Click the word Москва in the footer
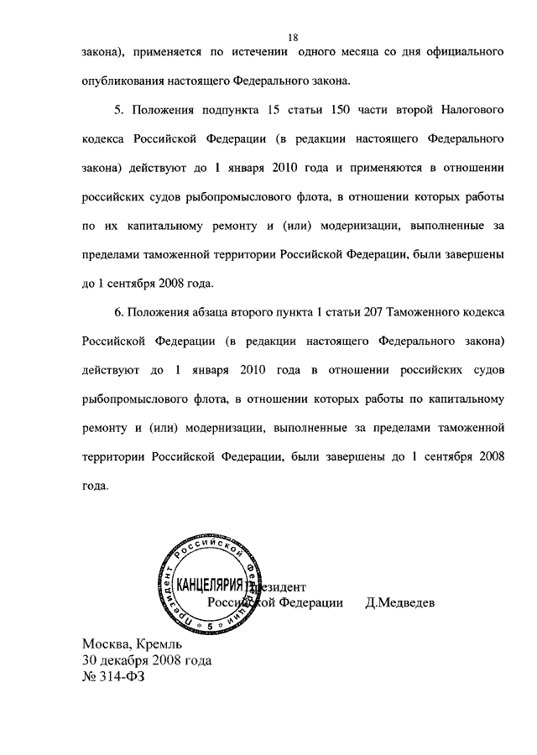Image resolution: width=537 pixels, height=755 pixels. pyautogui.click(x=107, y=643)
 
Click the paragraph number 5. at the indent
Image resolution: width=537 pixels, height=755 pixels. pyautogui.click(x=118, y=112)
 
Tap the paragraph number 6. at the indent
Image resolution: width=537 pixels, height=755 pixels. pyautogui.click(x=118, y=312)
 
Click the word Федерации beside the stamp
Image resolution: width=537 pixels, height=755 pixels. pyautogui.click(x=310, y=602)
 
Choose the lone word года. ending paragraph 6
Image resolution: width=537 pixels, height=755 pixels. pyautogui.click(x=96, y=487)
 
